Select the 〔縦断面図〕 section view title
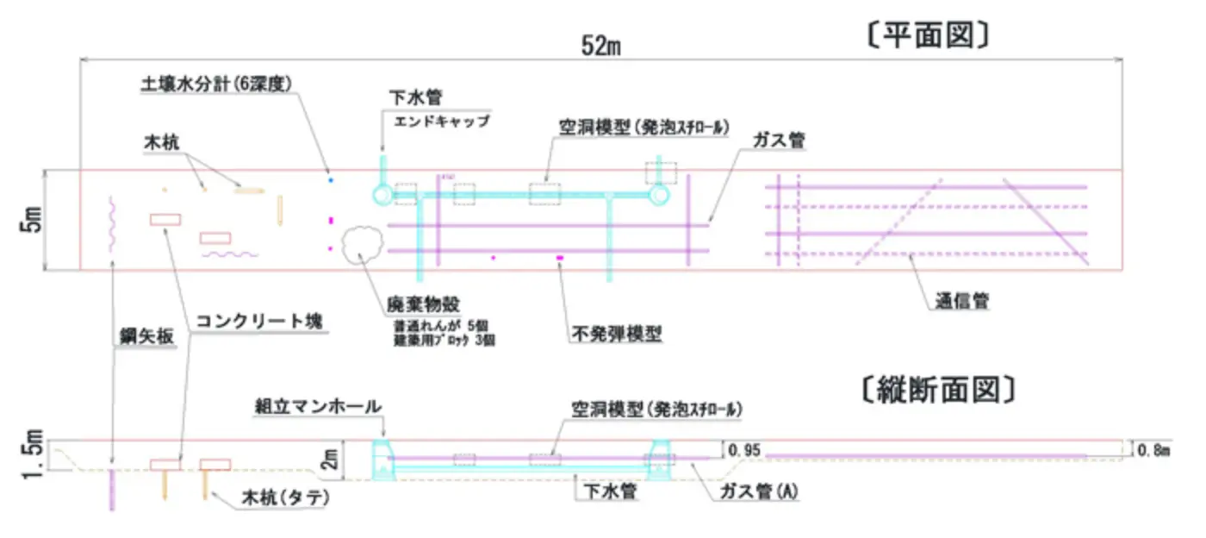click(x=936, y=391)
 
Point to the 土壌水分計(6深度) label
click(x=218, y=84)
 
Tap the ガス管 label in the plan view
click(x=778, y=141)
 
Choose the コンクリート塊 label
click(x=258, y=322)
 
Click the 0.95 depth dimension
click(x=743, y=450)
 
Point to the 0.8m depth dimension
click(x=1154, y=449)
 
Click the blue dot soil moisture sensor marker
click(x=330, y=180)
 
